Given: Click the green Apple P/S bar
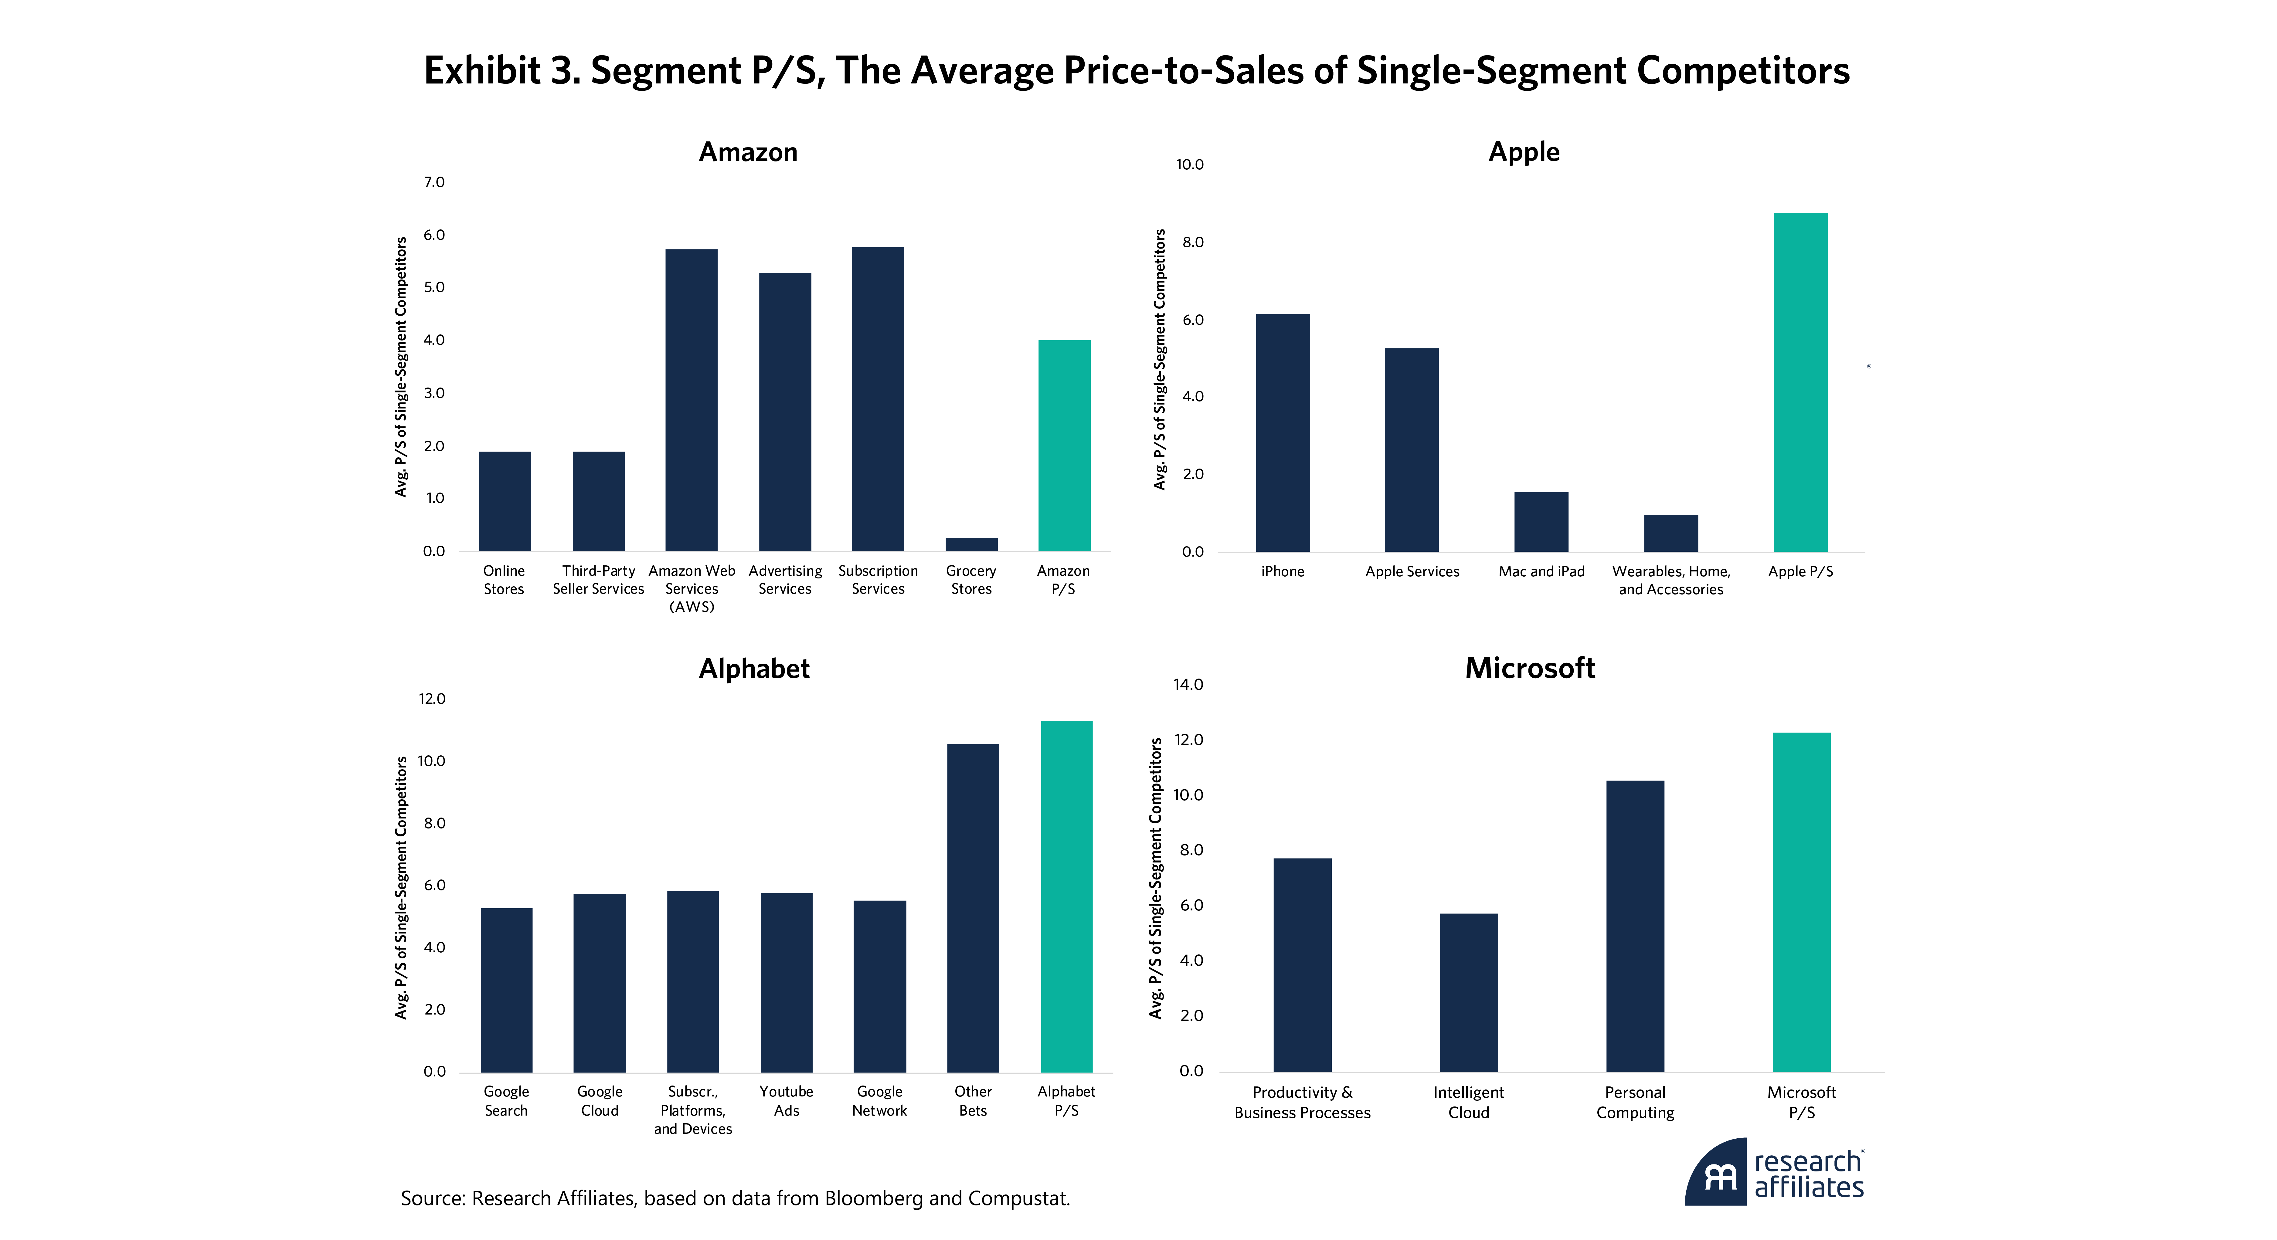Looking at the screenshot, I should (1800, 382).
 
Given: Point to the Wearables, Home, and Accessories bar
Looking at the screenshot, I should (1670, 533).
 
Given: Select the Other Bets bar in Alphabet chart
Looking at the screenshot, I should (972, 908).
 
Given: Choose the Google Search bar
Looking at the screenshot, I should (507, 990).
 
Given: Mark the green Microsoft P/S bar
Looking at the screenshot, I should (1801, 902).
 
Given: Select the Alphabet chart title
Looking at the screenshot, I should (754, 669).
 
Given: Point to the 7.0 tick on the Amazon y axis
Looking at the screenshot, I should (434, 182).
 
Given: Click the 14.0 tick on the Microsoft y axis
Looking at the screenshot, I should (1188, 684).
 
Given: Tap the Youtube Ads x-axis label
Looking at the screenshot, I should (786, 1100).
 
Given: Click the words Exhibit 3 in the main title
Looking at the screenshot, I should (501, 71).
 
